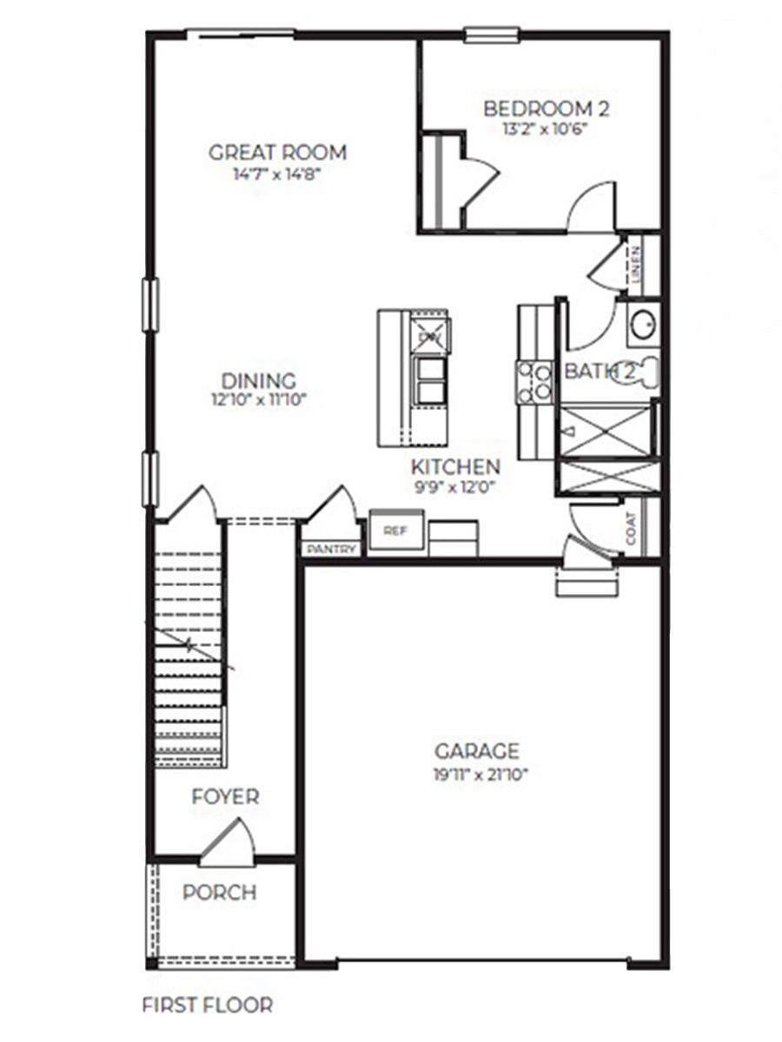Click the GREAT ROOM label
(x=277, y=153)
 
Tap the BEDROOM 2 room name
(x=546, y=109)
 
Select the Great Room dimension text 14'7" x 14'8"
(x=277, y=173)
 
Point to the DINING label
(x=258, y=381)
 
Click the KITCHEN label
(x=455, y=466)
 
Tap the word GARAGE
(x=477, y=751)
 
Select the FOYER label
(x=225, y=796)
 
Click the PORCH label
(x=220, y=892)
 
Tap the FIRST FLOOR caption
(x=207, y=1006)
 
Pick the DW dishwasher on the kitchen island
(x=429, y=334)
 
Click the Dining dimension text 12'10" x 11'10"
(x=258, y=400)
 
